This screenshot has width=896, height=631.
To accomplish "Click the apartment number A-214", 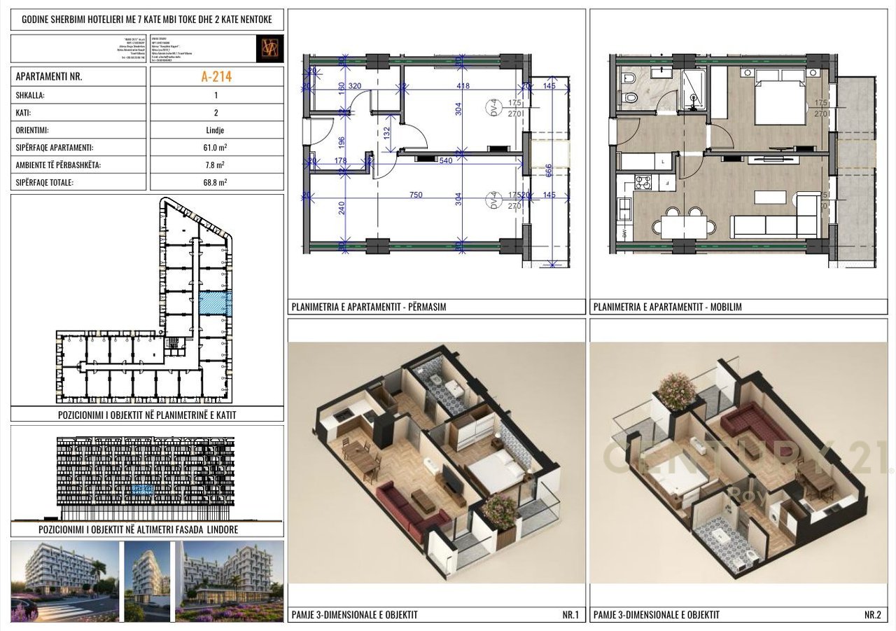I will pos(216,77).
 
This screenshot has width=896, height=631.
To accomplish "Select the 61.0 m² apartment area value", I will pos(216,148).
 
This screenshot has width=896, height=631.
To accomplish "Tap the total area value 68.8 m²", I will pos(216,182).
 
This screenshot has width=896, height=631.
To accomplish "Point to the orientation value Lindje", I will pos(216,130).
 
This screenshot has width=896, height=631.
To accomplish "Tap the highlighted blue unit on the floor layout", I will pos(215,304).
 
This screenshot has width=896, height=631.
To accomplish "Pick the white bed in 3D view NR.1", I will pos(490,474).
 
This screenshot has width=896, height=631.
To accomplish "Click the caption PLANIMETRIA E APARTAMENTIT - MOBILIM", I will pos(667,307).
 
